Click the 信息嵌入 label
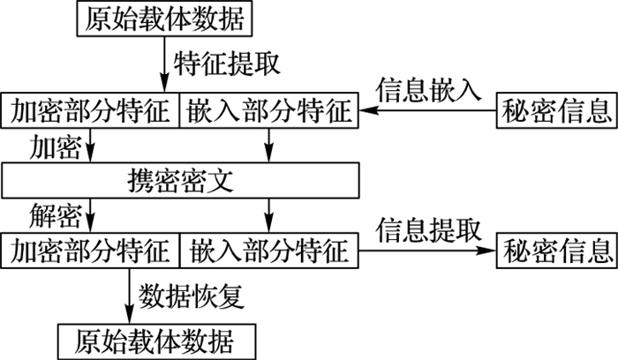pyautogui.click(x=428, y=90)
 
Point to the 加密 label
pyautogui.click(x=55, y=143)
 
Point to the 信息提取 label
pyautogui.click(x=428, y=231)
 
